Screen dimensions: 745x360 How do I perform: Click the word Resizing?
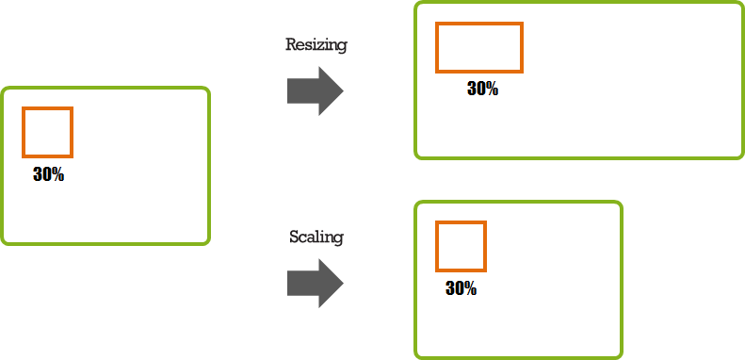pyautogui.click(x=316, y=45)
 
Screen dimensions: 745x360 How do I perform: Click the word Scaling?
pyautogui.click(x=316, y=237)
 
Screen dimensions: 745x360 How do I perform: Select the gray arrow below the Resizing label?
pyautogui.click(x=315, y=91)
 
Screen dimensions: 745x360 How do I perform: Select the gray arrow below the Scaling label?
pyautogui.click(x=315, y=284)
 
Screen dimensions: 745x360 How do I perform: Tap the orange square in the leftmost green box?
pyautogui.click(x=48, y=133)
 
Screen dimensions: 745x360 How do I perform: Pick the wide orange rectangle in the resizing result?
pyautogui.click(x=478, y=48)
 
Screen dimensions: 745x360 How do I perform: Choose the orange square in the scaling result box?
pyautogui.click(x=461, y=247)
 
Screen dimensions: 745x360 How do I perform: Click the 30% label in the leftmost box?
pyautogui.click(x=48, y=174)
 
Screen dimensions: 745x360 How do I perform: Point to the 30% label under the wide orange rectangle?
pyautogui.click(x=482, y=90)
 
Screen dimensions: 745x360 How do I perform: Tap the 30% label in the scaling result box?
pyautogui.click(x=461, y=289)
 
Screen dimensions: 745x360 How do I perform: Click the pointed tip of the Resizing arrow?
pyautogui.click(x=342, y=91)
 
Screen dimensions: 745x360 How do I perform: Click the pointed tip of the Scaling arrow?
pyautogui.click(x=342, y=284)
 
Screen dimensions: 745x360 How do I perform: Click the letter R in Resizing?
pyautogui.click(x=290, y=45)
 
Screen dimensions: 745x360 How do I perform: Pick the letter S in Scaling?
pyautogui.click(x=294, y=237)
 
